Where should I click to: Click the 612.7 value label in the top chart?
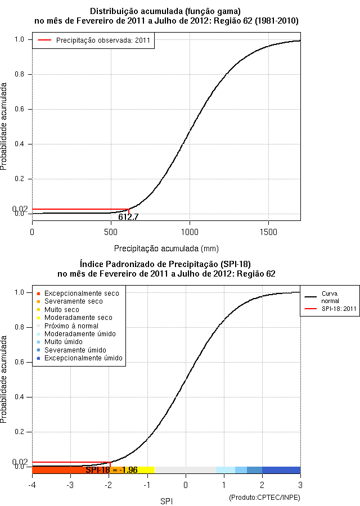128,216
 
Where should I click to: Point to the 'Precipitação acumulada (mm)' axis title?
166,248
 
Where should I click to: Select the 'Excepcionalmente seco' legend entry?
82,293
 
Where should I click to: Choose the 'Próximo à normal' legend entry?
71,326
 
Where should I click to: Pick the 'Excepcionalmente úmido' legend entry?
83,358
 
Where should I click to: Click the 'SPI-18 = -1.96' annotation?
111,470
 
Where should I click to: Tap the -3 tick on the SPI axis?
70,484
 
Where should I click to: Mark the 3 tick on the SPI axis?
300,484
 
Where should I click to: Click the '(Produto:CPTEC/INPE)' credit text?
264,498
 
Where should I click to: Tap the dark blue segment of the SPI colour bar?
281,470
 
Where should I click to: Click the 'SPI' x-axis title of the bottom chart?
166,500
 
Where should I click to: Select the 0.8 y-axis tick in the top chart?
20,74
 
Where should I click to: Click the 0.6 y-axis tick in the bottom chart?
20,362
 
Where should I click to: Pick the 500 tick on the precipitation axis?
111,231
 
